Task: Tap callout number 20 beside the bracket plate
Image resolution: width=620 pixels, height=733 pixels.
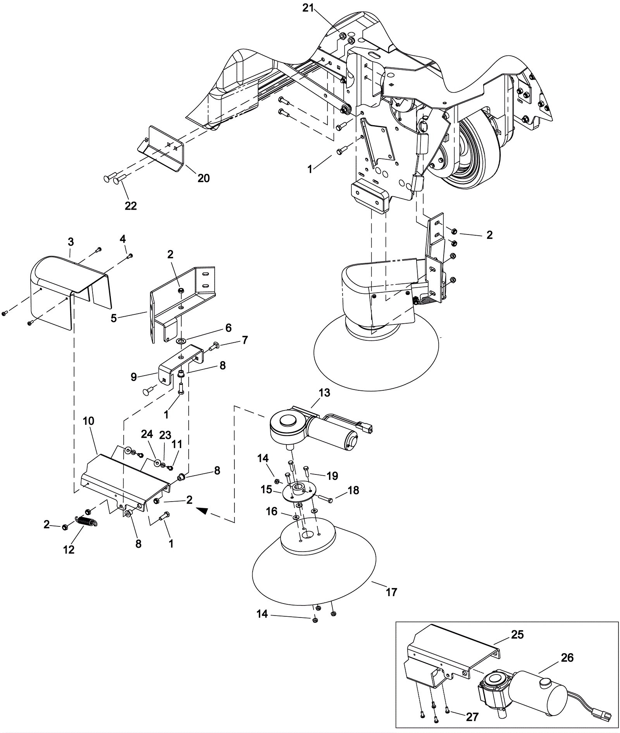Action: pos(203,178)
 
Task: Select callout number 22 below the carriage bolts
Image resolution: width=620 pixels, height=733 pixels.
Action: pos(131,206)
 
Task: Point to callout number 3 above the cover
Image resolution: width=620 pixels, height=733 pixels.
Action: pos(71,242)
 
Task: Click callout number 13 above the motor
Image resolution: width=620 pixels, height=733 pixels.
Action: pos(324,393)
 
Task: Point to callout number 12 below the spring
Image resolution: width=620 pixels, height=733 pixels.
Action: pos(69,549)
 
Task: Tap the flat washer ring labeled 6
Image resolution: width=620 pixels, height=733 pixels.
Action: pos(181,341)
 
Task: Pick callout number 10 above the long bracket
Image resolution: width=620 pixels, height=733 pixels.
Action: pos(89,421)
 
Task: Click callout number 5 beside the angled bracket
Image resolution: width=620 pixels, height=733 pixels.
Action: pos(114,318)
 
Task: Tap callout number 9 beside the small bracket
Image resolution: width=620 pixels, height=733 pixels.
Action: pos(134,377)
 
